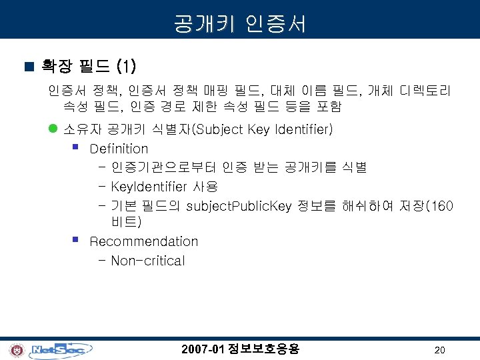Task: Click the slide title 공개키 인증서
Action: click(240, 24)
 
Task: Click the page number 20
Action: click(439, 350)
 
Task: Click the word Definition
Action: click(119, 149)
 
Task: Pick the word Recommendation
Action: click(143, 241)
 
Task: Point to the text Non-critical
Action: click(147, 261)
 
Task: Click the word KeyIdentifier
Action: click(151, 187)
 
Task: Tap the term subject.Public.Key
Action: click(239, 206)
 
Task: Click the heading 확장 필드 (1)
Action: click(89, 66)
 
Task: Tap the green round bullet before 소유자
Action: click(53, 129)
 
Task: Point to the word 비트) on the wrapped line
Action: click(126, 222)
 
